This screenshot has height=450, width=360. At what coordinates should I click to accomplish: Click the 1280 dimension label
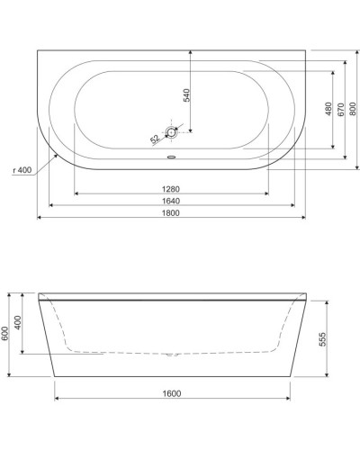(172, 188)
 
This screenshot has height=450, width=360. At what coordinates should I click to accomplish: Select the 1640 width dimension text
(172, 201)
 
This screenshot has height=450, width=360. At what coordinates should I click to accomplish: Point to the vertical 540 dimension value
(187, 96)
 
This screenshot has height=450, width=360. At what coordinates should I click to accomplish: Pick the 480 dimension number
(329, 109)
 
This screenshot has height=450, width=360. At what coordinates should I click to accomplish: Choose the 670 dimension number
(341, 109)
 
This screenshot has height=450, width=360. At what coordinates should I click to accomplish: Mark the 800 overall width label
(353, 109)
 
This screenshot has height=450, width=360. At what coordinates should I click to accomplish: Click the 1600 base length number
(172, 393)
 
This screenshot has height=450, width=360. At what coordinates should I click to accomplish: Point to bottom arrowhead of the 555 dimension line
(317, 373)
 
